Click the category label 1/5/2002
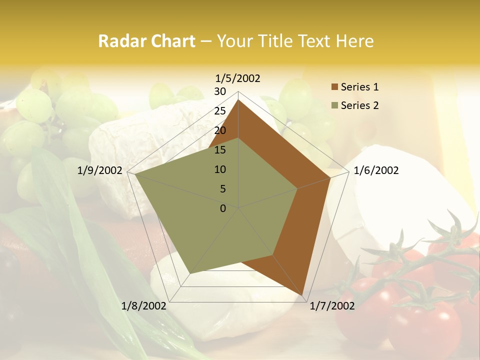[238, 78]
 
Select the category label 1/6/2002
[376, 170]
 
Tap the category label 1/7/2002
[332, 306]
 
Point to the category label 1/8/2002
[144, 306]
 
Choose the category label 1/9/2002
[100, 170]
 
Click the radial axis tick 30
[220, 91]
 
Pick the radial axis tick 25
[220, 111]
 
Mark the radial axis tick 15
[220, 150]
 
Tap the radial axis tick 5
[222, 189]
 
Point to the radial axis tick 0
[223, 208]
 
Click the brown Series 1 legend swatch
[334, 87]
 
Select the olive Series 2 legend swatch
[334, 105]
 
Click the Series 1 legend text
[359, 87]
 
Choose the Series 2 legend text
[359, 105]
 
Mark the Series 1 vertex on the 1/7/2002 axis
[302, 295]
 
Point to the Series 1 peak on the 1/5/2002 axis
[238, 99]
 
